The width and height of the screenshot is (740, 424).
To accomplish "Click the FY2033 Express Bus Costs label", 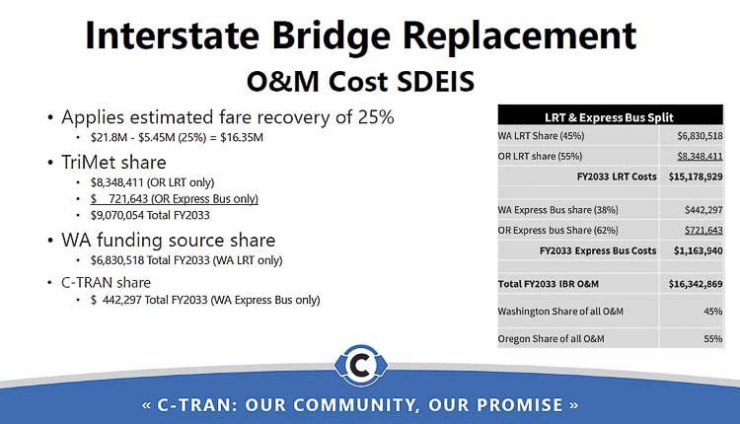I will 598,250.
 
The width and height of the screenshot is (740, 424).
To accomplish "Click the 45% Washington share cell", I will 710,312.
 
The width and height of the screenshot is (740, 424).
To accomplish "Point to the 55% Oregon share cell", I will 710,338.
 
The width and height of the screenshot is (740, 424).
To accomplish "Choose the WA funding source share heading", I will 168,240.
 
